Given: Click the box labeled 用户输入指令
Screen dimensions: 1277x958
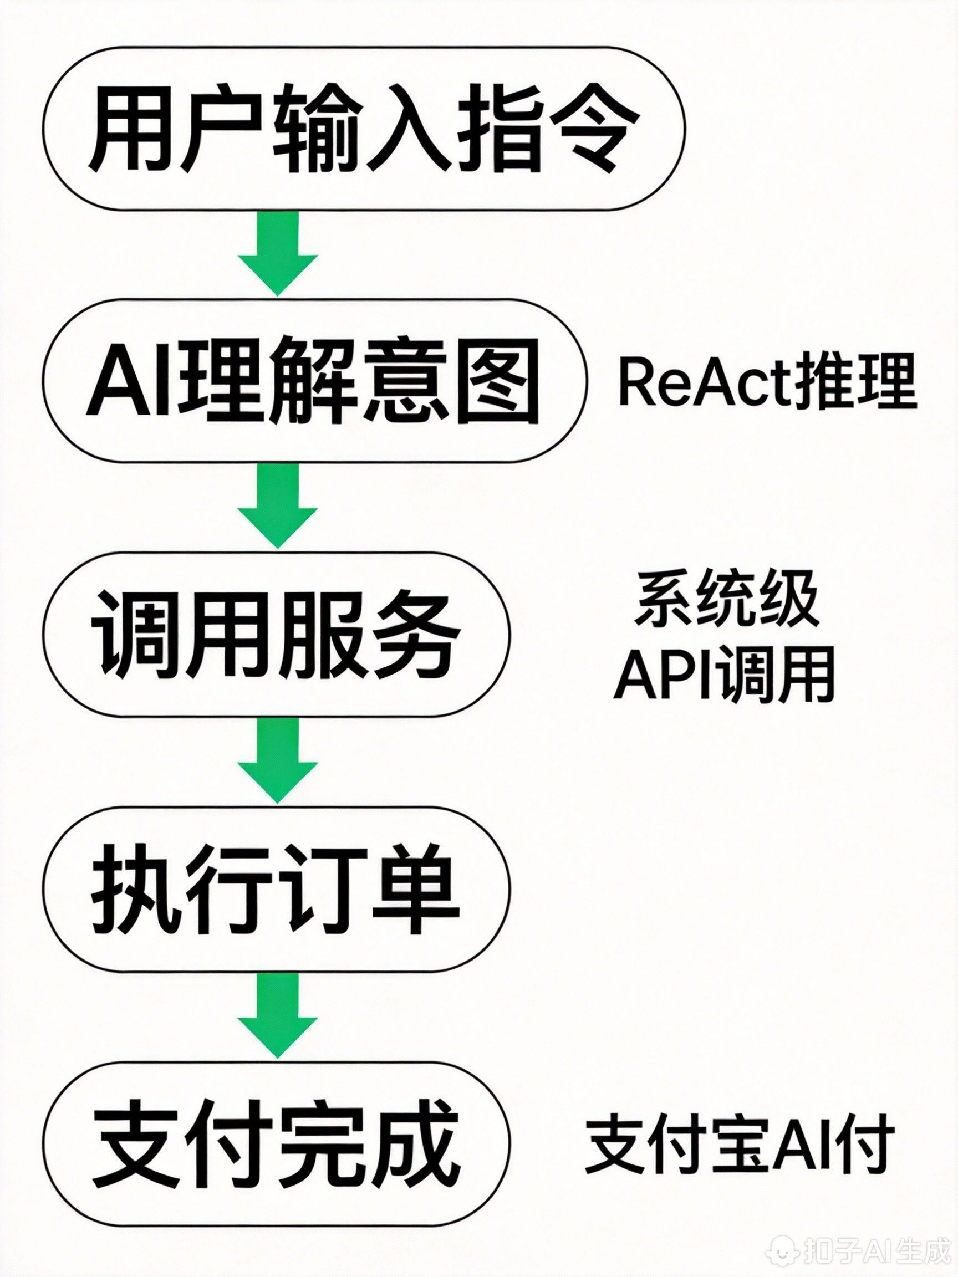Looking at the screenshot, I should coord(364,128).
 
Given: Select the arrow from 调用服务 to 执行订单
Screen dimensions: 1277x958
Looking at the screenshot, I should coord(278,758).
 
